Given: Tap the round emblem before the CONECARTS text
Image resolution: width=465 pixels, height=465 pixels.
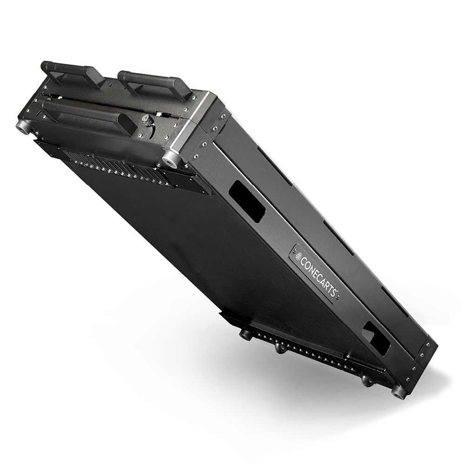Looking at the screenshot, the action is tap(299, 255).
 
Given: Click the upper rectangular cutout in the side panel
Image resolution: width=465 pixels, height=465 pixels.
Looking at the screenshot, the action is tap(246, 201).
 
